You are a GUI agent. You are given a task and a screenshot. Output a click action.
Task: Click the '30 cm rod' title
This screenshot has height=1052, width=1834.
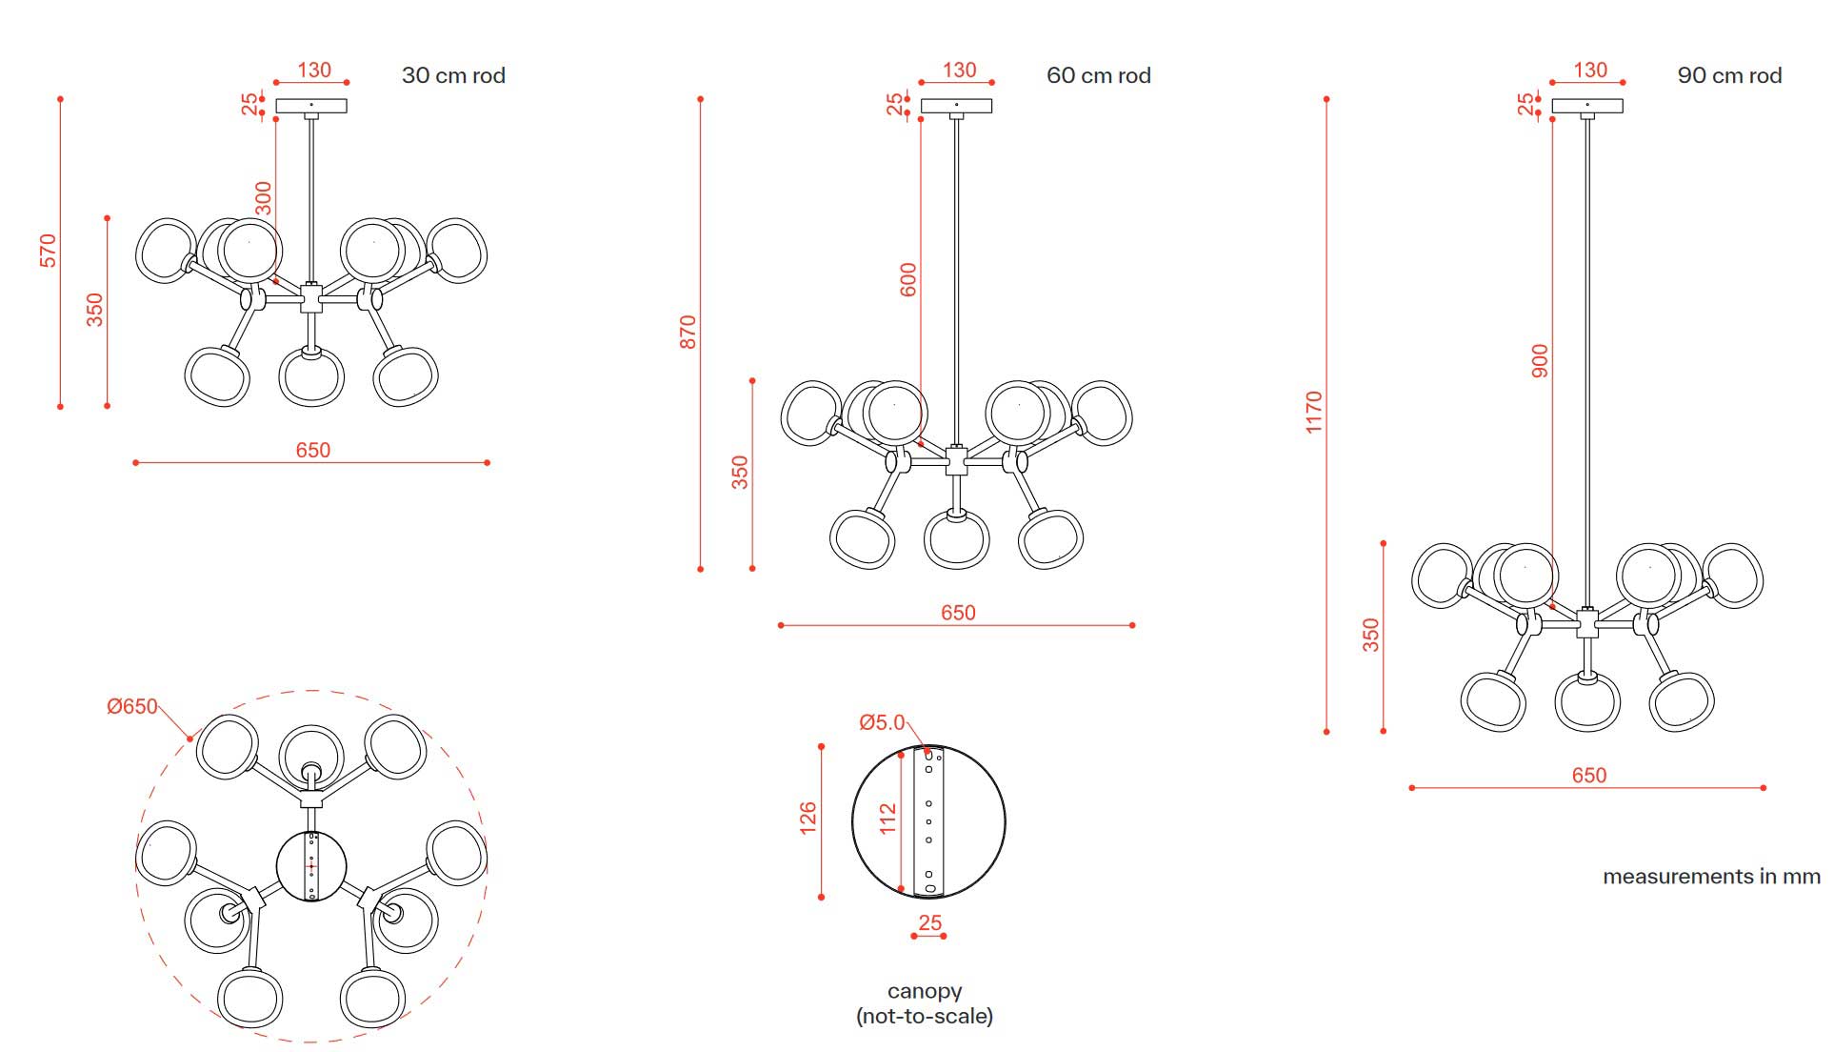[x=453, y=75]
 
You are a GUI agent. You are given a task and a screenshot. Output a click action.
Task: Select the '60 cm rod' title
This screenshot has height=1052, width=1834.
[x=1099, y=75]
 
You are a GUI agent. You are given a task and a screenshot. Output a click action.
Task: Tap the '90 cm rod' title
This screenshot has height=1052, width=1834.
[x=1729, y=75]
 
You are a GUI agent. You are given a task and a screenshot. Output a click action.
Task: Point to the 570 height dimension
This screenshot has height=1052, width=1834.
[x=49, y=251]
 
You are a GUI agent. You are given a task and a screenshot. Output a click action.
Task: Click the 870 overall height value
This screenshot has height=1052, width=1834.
[x=688, y=332]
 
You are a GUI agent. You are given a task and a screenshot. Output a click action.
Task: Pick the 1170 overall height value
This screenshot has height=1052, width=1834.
[x=1314, y=412]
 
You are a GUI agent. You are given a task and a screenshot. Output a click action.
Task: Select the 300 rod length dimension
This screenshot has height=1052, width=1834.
[x=264, y=198]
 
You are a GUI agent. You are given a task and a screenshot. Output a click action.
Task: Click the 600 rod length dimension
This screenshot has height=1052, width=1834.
[x=908, y=279]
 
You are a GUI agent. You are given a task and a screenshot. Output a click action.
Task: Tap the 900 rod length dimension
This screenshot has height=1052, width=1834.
[x=1540, y=361]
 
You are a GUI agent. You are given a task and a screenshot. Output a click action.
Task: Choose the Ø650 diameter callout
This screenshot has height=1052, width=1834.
[x=132, y=706]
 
